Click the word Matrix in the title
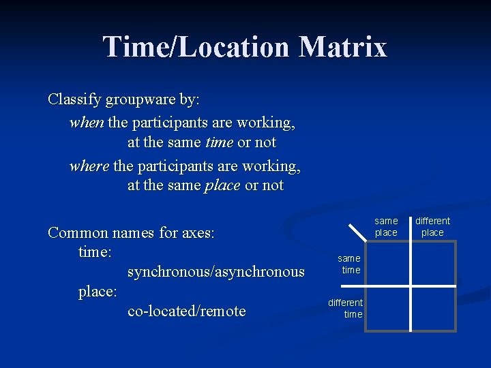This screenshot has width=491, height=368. [x=342, y=48]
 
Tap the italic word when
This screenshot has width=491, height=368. [x=87, y=123]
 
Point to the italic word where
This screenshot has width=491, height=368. [x=89, y=166]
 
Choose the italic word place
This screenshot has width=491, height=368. [x=222, y=185]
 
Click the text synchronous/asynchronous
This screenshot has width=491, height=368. [x=215, y=272]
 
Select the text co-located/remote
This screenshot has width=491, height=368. [x=186, y=311]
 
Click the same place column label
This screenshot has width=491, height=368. [x=386, y=226]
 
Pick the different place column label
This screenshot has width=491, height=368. [x=432, y=226]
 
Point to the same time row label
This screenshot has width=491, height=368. [x=350, y=264]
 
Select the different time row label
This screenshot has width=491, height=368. [x=347, y=308]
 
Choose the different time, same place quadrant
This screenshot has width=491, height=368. [x=388, y=308]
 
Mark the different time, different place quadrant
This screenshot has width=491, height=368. [x=432, y=308]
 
